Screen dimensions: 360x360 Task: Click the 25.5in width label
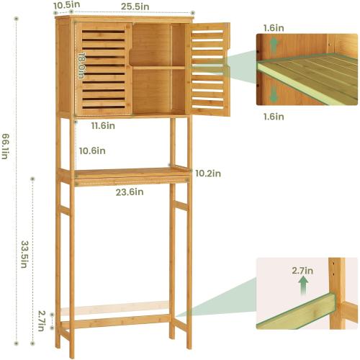[136, 6]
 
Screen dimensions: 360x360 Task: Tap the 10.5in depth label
[66, 6]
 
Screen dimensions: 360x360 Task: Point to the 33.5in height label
[24, 253]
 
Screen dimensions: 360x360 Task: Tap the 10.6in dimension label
[92, 150]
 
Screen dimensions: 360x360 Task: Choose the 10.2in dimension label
[208, 174]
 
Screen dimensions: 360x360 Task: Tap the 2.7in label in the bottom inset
[303, 270]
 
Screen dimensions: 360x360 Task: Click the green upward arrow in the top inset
[272, 46]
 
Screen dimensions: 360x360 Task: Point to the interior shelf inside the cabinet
[158, 68]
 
